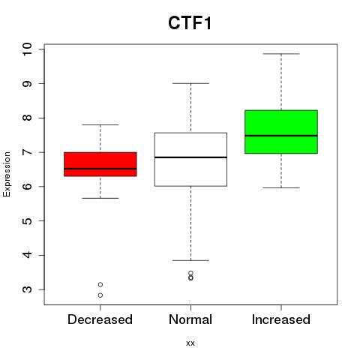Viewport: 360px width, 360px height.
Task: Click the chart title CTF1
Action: [190, 23]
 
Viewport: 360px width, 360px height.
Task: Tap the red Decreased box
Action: [100, 164]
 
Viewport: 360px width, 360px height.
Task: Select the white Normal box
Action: [190, 159]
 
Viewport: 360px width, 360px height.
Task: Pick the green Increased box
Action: [281, 131]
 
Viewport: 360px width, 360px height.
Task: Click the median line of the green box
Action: [281, 136]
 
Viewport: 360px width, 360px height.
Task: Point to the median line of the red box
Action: [100, 169]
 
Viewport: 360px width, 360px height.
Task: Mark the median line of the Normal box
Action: [190, 157]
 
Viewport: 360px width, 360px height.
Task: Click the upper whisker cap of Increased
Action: [281, 54]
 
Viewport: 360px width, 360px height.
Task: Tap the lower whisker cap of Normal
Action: [190, 260]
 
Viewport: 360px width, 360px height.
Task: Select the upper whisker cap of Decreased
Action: [100, 124]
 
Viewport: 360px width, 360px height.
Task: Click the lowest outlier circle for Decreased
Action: [100, 295]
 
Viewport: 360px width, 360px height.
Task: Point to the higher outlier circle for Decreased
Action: [100, 284]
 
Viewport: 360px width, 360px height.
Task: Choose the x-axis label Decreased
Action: [100, 319]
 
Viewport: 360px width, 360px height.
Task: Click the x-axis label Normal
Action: [190, 319]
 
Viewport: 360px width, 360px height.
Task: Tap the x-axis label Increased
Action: [281, 319]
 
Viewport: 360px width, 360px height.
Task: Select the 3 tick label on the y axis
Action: [28, 289]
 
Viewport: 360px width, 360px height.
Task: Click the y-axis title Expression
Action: [7, 174]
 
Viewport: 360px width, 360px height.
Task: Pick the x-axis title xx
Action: [190, 343]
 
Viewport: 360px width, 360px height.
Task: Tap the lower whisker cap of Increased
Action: [281, 187]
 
